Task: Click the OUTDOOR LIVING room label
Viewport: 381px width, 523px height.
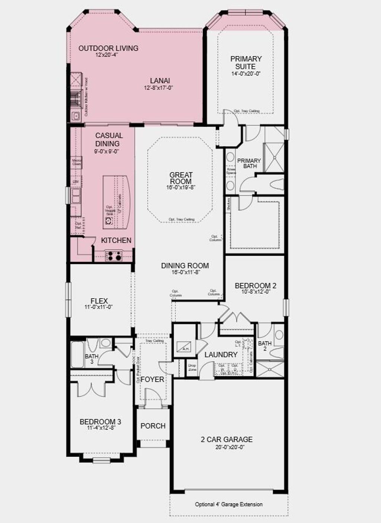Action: [x=108, y=48]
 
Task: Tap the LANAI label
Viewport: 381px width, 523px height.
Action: [x=160, y=81]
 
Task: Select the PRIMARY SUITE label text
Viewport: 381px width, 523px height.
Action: [x=246, y=63]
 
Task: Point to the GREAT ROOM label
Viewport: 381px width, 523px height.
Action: [x=181, y=178]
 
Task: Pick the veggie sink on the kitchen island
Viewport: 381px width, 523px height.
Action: [x=109, y=221]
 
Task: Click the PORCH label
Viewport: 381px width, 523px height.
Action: [x=153, y=426]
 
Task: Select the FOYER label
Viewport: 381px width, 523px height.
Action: [x=152, y=379]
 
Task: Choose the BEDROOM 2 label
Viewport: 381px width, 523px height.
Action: [x=255, y=286]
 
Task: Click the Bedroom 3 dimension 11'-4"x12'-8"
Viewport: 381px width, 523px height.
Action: [x=100, y=428]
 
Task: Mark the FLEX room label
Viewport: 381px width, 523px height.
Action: [x=99, y=301]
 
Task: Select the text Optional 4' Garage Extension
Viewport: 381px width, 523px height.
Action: [x=229, y=504]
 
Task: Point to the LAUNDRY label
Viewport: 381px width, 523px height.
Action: [x=221, y=355]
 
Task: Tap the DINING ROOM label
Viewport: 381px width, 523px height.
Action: [x=185, y=266]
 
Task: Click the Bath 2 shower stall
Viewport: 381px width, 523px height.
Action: [x=270, y=369]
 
